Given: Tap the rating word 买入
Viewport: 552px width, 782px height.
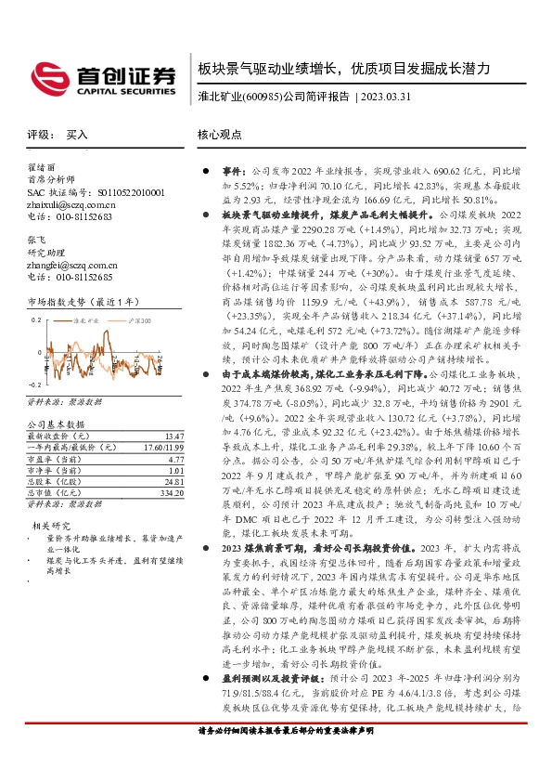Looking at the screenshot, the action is pyautogui.click(x=77, y=135).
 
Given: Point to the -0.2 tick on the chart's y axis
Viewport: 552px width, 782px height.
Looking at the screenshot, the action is pyautogui.click(x=35, y=383).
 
